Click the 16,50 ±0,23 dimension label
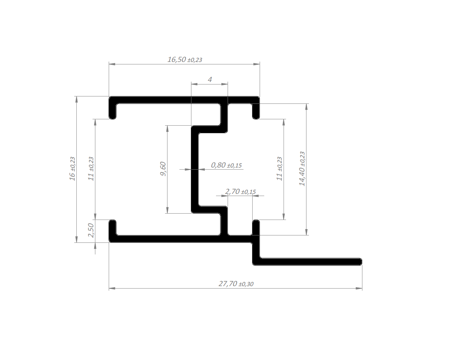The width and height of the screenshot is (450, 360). [x=185, y=59]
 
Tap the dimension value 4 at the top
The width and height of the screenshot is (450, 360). [x=210, y=80]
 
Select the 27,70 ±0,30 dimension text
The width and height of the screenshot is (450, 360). [x=236, y=284]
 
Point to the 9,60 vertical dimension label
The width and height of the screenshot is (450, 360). [x=163, y=169]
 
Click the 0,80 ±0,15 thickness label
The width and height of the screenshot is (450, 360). [x=226, y=165]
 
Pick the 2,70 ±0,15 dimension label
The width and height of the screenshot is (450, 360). [x=240, y=191]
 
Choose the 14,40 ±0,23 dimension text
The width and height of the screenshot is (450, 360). [x=302, y=169]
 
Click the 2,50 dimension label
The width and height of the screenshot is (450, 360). [x=91, y=230]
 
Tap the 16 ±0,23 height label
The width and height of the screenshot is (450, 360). [x=72, y=169]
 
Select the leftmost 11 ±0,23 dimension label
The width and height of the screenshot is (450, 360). [x=91, y=169]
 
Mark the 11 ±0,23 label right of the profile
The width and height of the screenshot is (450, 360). [x=279, y=169]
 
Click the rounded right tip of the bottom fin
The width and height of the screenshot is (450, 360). [x=362, y=262]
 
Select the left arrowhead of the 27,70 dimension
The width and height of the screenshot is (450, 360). [x=112, y=289]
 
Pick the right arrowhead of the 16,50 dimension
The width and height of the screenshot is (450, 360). [x=256, y=64]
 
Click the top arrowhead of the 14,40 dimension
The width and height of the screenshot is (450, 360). [x=306, y=107]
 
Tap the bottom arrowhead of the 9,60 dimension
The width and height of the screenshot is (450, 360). [x=167, y=210]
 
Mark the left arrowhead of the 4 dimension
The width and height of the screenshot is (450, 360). [x=194, y=84]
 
